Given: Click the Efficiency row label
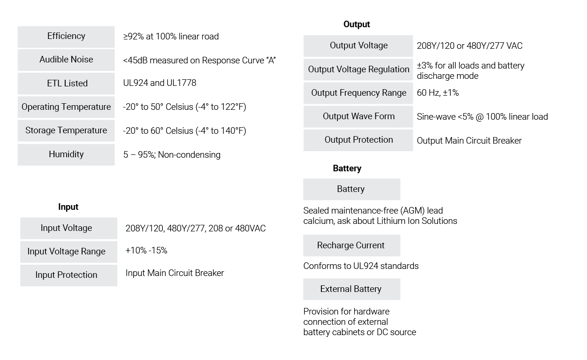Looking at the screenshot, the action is [66, 37].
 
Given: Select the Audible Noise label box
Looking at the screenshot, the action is [66, 60].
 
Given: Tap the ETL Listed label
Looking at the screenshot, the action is [66, 84].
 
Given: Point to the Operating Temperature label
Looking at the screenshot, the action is [66, 107].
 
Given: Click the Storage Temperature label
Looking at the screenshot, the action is [66, 130].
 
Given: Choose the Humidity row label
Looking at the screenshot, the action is [66, 154].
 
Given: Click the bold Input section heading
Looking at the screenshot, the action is [68, 207].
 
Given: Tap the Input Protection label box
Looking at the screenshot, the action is [69, 276].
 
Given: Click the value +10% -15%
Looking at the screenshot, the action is [146, 250].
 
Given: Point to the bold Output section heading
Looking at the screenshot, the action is [357, 24].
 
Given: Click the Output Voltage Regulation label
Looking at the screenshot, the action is [358, 69].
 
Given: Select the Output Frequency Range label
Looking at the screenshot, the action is [358, 93].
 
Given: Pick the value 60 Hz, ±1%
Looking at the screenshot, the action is [438, 93].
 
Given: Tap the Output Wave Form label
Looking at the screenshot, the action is [358, 117].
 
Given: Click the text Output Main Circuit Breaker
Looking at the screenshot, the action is [469, 141].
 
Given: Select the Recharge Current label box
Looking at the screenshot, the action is [351, 245].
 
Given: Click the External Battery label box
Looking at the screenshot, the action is [351, 289].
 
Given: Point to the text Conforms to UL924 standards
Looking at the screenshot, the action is [361, 266].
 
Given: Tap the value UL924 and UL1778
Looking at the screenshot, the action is [160, 83].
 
